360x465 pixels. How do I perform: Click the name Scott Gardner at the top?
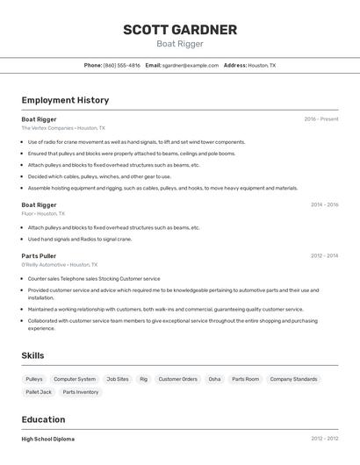(180, 30)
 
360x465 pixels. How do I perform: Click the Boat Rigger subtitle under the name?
(180, 44)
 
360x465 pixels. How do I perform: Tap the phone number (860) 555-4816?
(121, 65)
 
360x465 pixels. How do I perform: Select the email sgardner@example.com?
(190, 65)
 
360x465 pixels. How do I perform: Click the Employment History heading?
(65, 100)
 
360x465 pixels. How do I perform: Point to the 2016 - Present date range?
(321, 118)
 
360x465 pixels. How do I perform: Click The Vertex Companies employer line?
(63, 128)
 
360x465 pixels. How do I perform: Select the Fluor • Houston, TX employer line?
(43, 213)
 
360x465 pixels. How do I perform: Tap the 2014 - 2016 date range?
(324, 204)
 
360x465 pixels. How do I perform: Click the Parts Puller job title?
(39, 255)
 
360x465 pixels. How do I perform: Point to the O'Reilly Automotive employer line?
(60, 264)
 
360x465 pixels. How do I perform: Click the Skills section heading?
(32, 355)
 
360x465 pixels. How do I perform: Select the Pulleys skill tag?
(34, 379)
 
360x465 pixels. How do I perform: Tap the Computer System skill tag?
(75, 379)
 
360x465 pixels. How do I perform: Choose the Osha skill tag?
(214, 379)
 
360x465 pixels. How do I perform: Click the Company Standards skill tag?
(293, 379)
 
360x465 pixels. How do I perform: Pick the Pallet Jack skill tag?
(39, 392)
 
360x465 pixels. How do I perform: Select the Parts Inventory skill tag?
(81, 392)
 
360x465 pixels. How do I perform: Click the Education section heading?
(43, 419)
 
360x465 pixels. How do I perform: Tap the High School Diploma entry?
(48, 439)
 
